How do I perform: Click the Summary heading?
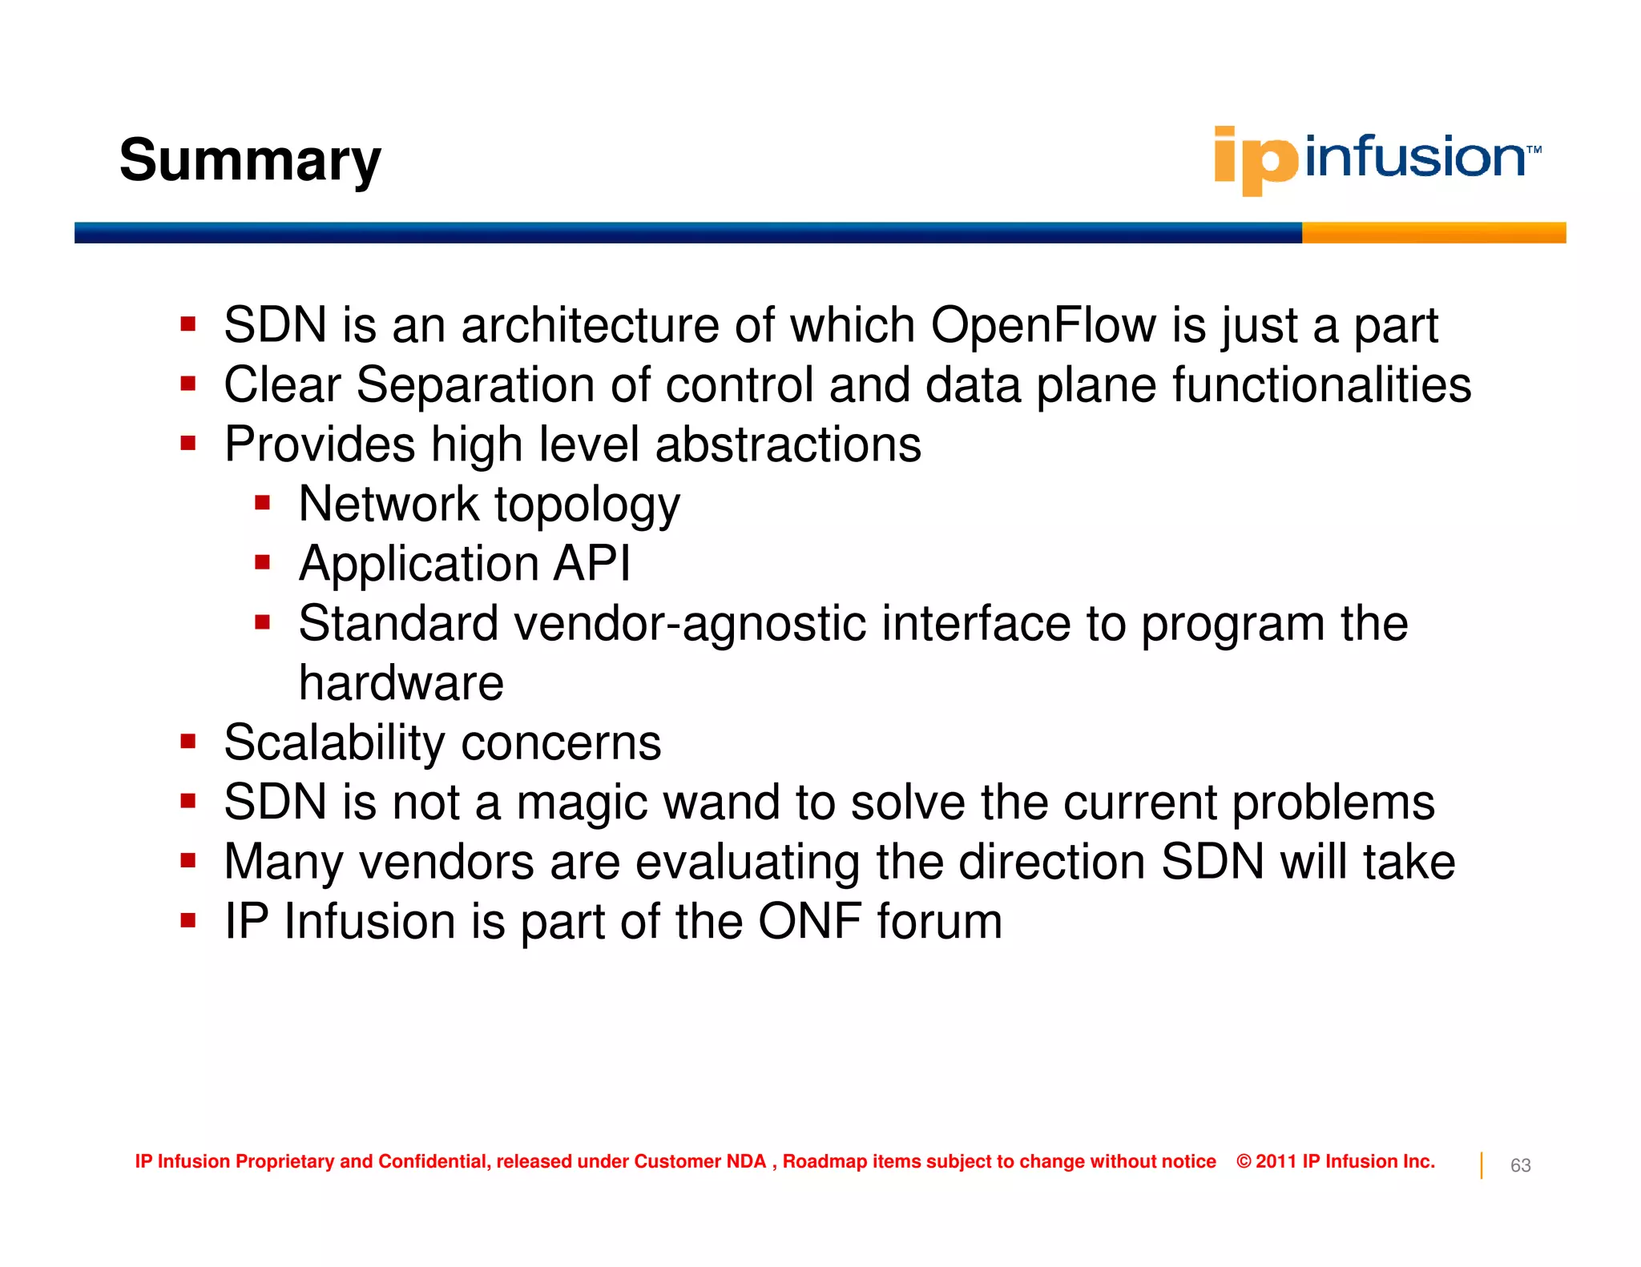coord(250,160)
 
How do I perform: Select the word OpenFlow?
coord(1043,325)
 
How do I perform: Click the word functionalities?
coord(1322,385)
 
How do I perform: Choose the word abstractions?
coord(788,444)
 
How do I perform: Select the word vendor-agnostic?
coord(690,623)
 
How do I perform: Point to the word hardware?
coord(401,683)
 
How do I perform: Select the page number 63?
coord(1520,1165)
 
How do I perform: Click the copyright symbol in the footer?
coord(1244,1161)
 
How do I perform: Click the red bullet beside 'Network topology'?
coord(263,504)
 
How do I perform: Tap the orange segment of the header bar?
coord(1433,232)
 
